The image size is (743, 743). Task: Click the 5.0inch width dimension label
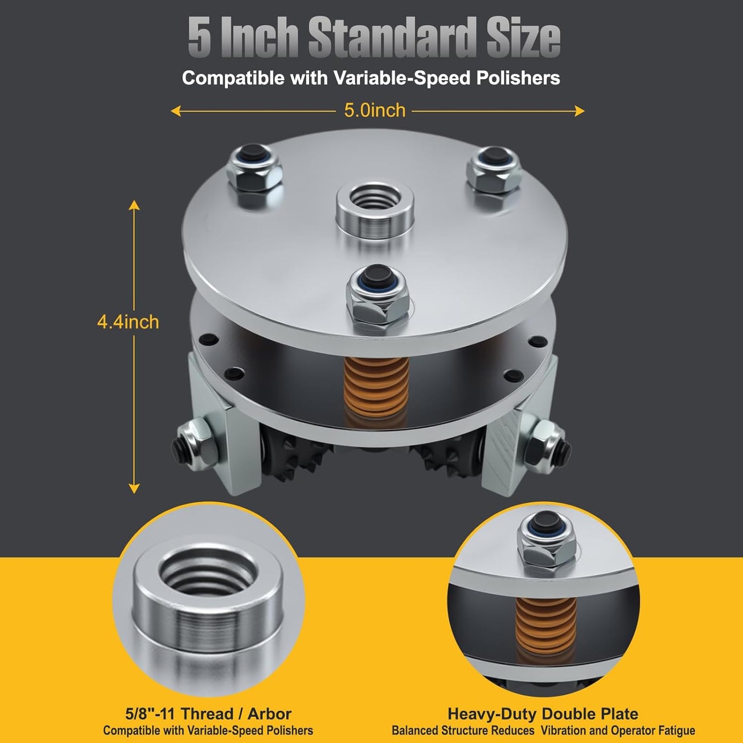(x=374, y=111)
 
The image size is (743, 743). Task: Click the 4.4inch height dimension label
(x=128, y=322)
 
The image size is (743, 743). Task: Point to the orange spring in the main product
(x=375, y=388)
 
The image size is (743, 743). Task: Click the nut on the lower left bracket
(x=193, y=444)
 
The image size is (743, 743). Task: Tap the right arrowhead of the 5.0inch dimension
(x=579, y=111)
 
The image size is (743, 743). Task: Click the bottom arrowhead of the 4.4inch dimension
(x=134, y=488)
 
